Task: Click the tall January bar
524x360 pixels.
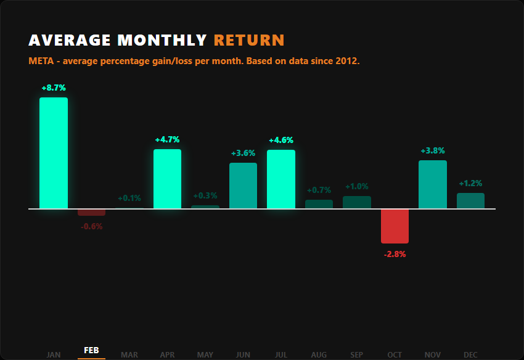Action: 54,153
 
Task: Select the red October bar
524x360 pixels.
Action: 395,226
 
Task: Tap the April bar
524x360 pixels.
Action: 167,179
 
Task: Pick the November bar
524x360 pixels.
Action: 433,184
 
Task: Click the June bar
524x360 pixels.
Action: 243,186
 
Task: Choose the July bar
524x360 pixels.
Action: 281,179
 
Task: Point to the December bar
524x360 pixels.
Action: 470,200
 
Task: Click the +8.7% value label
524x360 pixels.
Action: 54,88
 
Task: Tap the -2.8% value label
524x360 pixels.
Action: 395,254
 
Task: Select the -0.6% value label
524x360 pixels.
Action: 91,226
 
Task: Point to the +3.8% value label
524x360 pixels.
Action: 433,150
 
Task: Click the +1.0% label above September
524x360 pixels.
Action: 357,186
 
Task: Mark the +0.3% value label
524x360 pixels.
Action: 205,195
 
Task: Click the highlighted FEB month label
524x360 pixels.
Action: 91,350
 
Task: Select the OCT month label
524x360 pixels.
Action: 395,354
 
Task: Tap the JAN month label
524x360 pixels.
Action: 54,354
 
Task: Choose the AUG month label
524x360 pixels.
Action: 319,354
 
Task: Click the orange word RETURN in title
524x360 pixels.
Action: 249,41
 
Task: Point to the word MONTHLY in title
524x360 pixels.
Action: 162,41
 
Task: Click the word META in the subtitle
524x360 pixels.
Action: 40,62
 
